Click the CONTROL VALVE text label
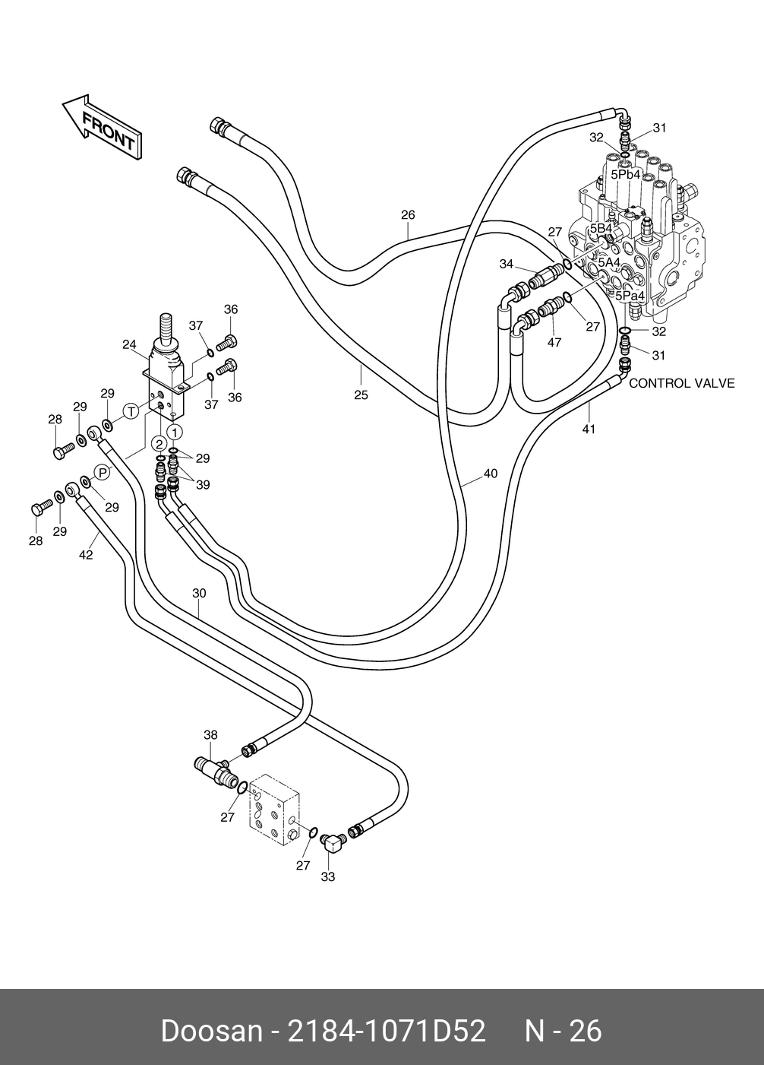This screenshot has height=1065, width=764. point(681,383)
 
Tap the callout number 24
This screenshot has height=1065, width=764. point(129,344)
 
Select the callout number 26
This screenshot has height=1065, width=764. point(408,215)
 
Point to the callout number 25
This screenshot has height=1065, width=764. point(361,395)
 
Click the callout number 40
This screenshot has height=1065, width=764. point(490,474)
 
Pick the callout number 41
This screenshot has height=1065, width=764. point(589,429)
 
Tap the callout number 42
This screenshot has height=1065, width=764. point(86,555)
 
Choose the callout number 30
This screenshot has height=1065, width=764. point(199,593)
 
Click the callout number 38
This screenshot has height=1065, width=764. point(210,734)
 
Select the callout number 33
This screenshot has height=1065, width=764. point(328,876)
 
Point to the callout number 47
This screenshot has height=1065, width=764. point(554,343)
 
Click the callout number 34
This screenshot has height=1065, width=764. point(507,264)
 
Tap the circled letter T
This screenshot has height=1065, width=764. point(131,412)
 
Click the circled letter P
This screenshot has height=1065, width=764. point(103,472)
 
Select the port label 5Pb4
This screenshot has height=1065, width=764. point(627,174)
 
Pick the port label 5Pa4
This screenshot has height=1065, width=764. point(630,295)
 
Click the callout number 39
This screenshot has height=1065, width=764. point(203,485)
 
